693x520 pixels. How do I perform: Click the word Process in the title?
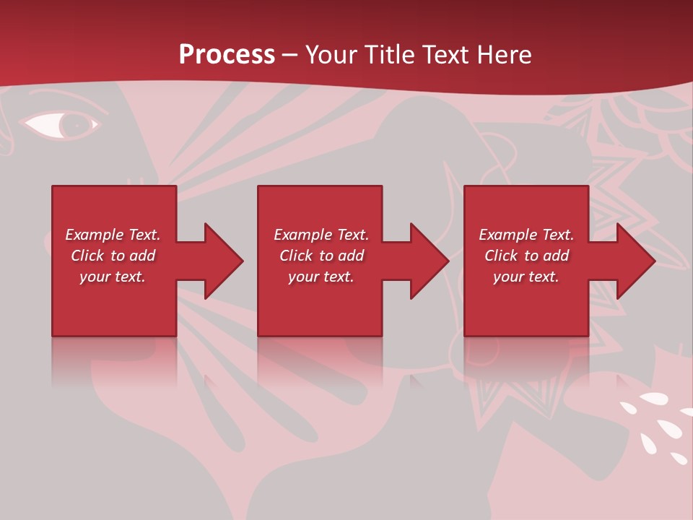[227, 55]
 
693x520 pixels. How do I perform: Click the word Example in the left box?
[94, 235]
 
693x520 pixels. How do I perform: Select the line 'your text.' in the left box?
[113, 277]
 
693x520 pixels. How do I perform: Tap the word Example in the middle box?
[302, 235]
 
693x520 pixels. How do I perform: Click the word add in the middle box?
[351, 256]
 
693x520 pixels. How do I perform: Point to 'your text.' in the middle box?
[321, 277]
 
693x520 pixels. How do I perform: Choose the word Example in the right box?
[507, 235]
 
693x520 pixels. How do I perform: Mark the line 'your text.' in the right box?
[526, 277]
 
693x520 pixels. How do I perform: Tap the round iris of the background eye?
[74, 126]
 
